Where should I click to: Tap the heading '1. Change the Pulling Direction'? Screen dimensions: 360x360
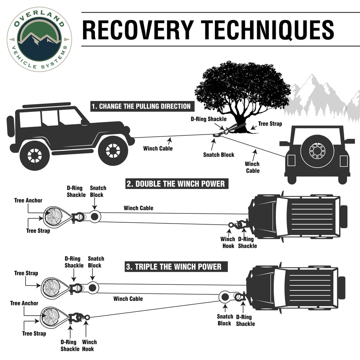(141, 106)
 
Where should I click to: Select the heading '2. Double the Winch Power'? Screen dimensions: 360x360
(175, 184)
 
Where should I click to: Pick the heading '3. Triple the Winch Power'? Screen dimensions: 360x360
(174, 266)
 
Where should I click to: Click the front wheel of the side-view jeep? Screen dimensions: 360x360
(113, 150)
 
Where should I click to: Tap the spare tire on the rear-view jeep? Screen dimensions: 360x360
(317, 150)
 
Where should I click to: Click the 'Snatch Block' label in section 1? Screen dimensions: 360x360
(219, 155)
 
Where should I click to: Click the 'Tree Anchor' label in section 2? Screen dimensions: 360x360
(28, 200)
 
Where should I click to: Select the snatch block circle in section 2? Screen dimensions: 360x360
(94, 217)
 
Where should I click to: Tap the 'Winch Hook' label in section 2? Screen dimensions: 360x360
(228, 243)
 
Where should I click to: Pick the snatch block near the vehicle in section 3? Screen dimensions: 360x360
(224, 297)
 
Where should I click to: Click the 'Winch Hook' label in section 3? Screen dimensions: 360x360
(89, 345)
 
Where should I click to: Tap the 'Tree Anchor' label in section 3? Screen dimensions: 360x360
(24, 303)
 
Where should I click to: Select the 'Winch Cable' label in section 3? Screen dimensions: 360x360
(128, 299)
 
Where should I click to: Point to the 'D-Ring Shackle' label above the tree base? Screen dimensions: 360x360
(208, 119)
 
